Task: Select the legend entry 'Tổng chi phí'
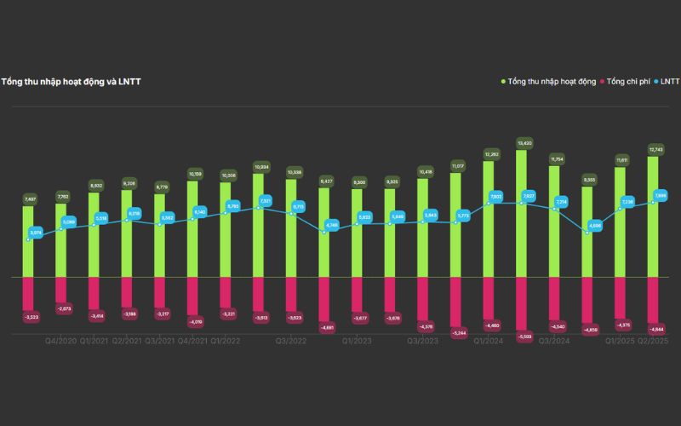(628, 82)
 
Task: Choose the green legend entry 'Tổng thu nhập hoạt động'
(552, 82)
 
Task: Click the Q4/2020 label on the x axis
(61, 340)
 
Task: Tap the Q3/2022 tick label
(291, 340)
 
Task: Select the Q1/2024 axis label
(489, 340)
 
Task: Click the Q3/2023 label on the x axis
(423, 340)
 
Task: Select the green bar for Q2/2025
(654, 217)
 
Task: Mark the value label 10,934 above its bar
(260, 167)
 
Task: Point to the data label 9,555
(588, 180)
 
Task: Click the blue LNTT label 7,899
(661, 196)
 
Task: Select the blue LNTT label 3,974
(36, 232)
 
